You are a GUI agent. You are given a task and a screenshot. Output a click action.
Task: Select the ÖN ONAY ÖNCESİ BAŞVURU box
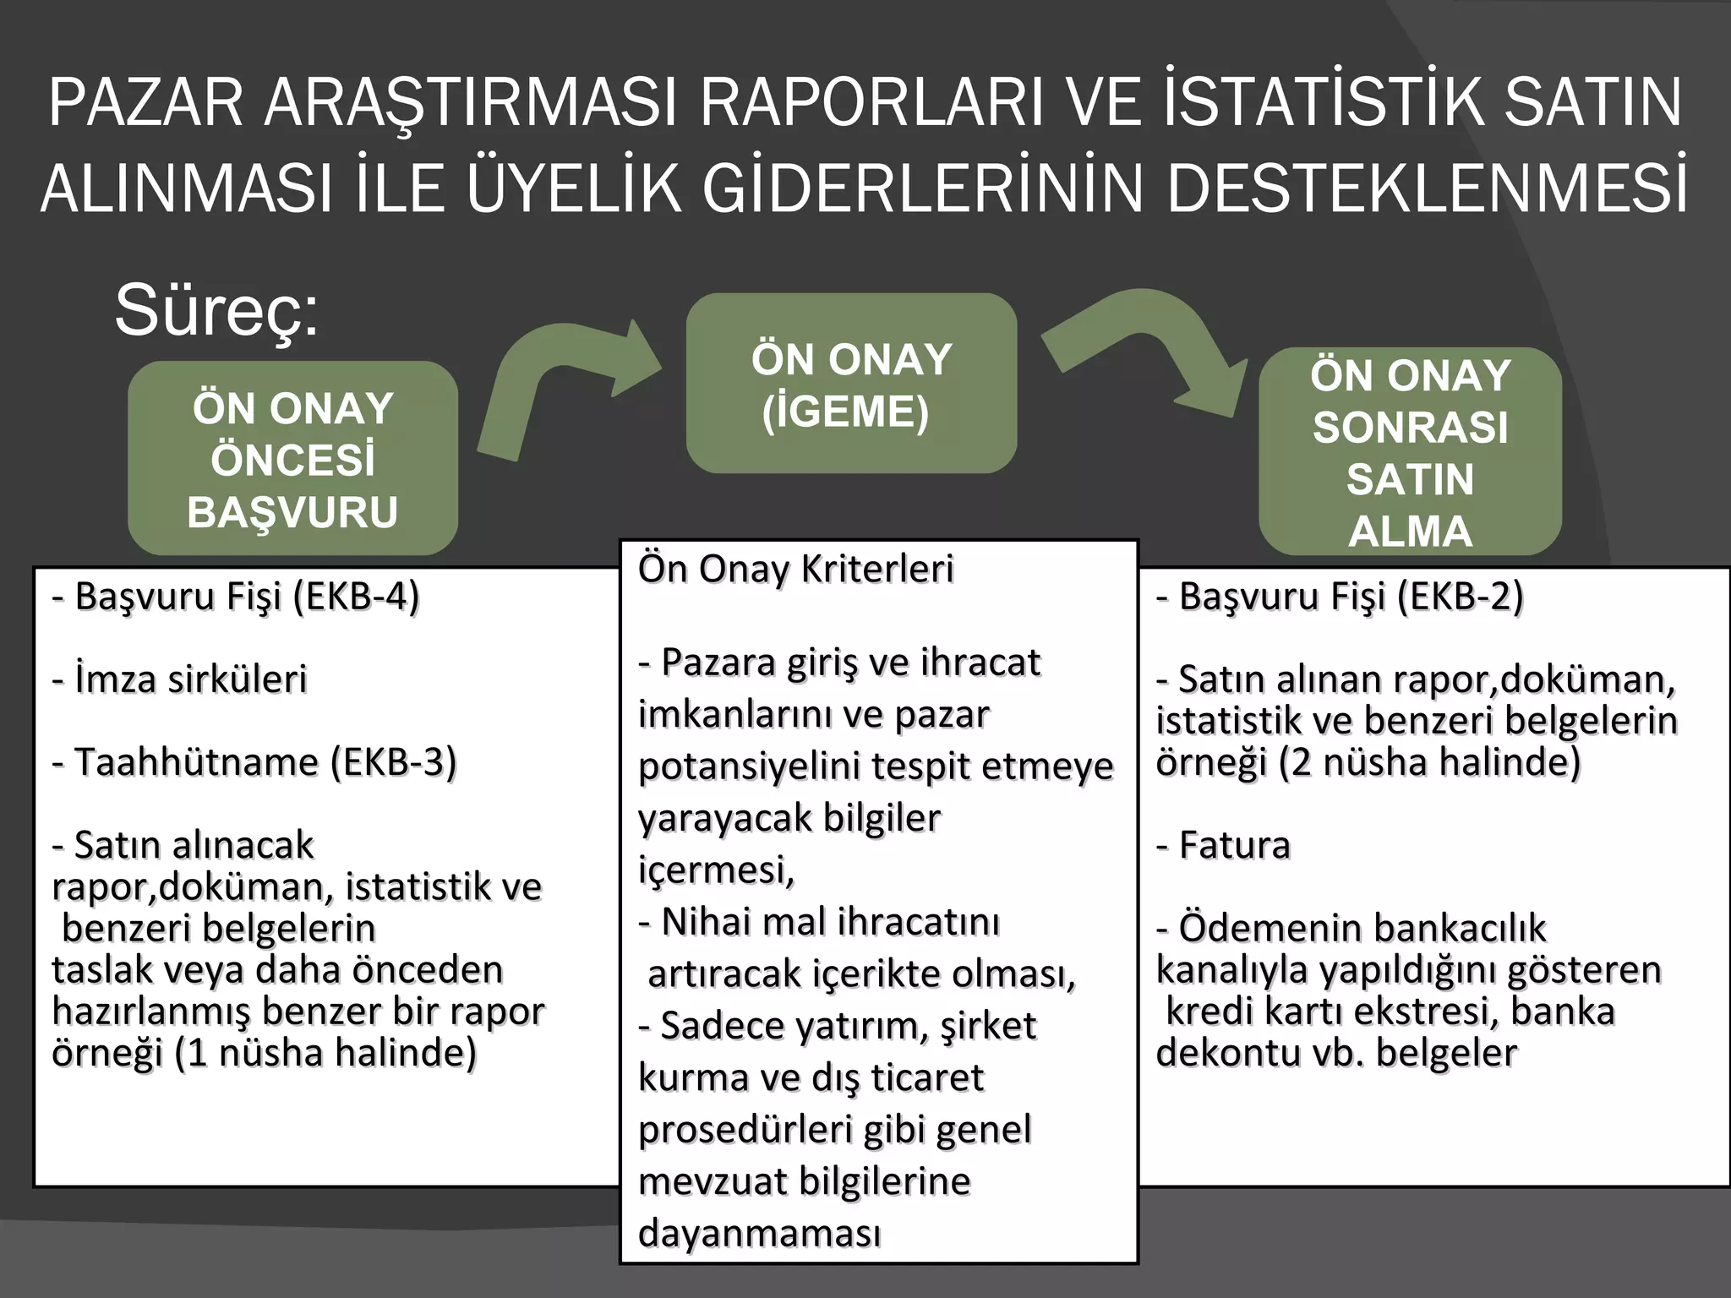tap(292, 459)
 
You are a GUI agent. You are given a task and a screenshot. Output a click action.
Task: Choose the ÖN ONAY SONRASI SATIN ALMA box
tap(1410, 452)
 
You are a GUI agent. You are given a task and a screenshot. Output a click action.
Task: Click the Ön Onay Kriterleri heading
tap(795, 569)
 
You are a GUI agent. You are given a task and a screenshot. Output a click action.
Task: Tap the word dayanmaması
tap(759, 1234)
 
